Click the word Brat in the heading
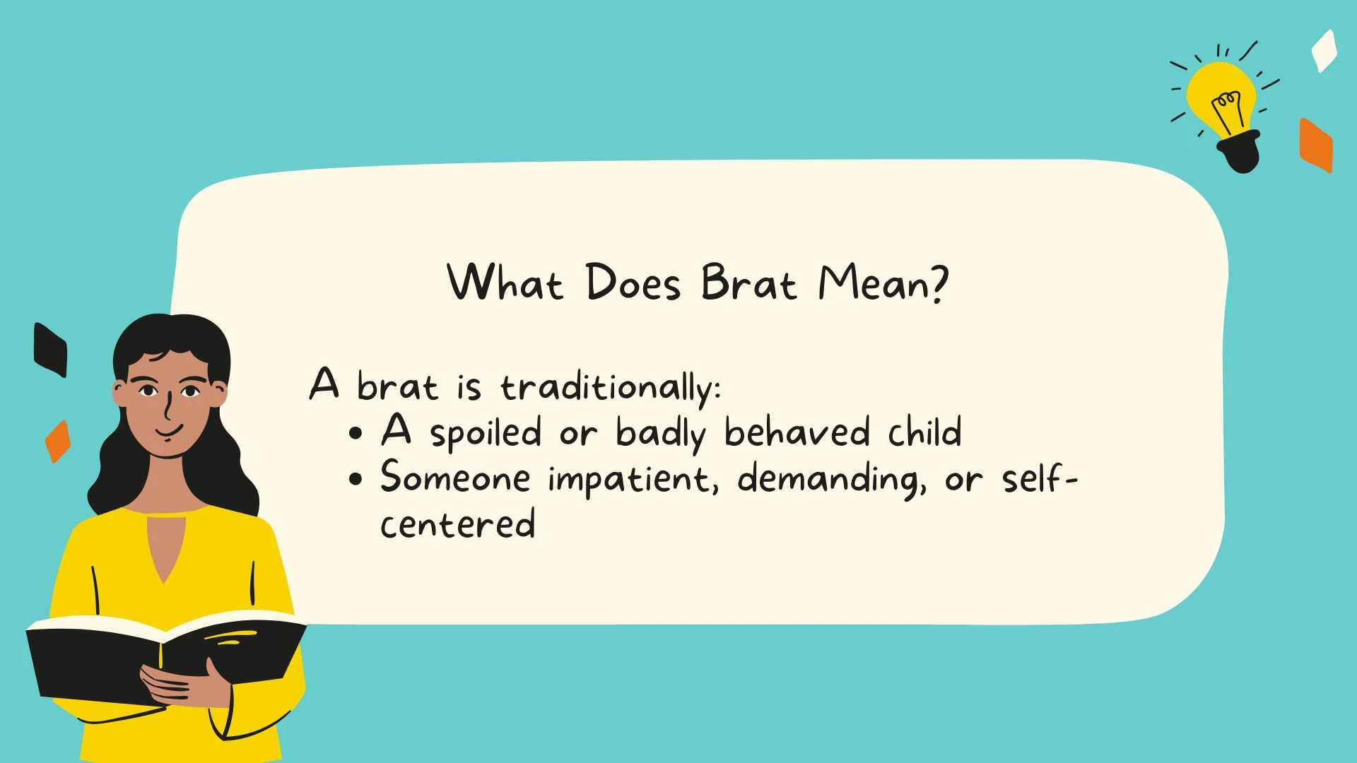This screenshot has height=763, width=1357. (x=748, y=283)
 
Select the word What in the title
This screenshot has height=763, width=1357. (x=505, y=283)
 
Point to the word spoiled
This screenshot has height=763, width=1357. (x=486, y=433)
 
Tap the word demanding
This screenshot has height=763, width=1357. (x=831, y=479)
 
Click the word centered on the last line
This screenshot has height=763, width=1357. (x=457, y=524)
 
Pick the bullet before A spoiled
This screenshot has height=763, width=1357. (x=356, y=433)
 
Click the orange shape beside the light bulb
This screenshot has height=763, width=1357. (x=1315, y=146)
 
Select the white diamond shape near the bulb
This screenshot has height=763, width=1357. (x=1324, y=51)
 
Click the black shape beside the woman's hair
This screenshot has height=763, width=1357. (x=50, y=350)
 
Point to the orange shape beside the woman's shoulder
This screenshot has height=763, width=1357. (x=58, y=442)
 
